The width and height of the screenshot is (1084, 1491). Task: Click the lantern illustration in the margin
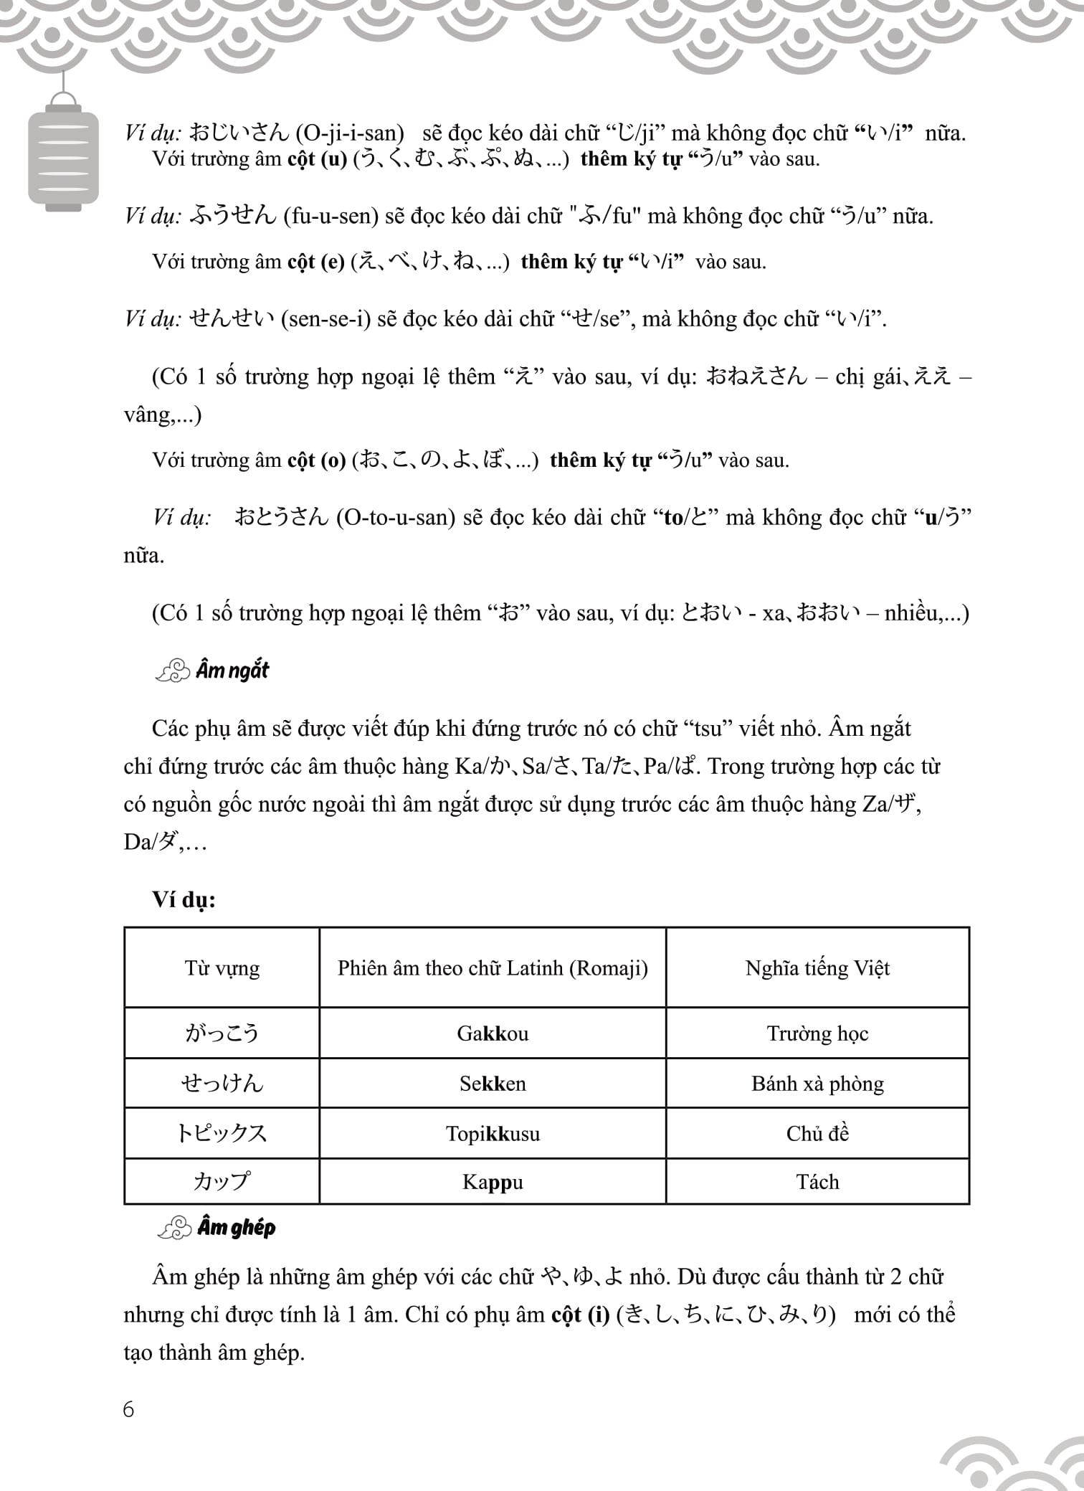tap(63, 154)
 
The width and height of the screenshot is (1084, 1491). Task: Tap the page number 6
tap(128, 1409)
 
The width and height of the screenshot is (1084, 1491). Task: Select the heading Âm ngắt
tap(232, 671)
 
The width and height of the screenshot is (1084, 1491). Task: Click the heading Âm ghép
tap(236, 1227)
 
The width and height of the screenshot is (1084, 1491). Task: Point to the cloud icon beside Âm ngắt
tap(172, 671)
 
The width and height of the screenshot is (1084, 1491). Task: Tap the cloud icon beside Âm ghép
tap(174, 1228)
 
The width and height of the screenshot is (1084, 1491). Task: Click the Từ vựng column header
tap(222, 967)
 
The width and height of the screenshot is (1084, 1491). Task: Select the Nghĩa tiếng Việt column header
tap(817, 967)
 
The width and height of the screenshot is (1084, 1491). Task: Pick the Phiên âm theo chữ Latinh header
tap(493, 967)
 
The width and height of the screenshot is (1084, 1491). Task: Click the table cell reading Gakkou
tap(493, 1033)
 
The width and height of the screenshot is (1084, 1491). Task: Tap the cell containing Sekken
tap(493, 1083)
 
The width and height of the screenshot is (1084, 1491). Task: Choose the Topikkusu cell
tap(493, 1133)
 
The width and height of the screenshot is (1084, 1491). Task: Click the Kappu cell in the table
tap(493, 1181)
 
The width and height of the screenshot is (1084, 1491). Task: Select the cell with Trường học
tap(817, 1033)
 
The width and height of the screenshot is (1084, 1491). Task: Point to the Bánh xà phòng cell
tap(817, 1083)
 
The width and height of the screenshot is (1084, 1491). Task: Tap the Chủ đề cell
tap(817, 1133)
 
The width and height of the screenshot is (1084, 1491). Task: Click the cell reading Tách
tap(817, 1181)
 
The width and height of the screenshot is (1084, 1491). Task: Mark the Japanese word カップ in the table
tap(222, 1181)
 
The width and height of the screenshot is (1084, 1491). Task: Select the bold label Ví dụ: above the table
tap(184, 899)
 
